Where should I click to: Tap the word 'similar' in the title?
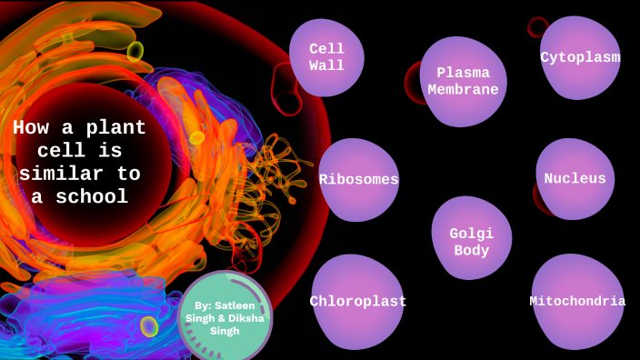point(55,175)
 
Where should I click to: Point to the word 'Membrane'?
point(464,90)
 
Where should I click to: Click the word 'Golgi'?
point(472,233)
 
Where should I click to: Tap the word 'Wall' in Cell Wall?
point(326,65)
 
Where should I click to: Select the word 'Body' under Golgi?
point(472,251)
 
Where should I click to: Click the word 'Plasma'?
point(464,73)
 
